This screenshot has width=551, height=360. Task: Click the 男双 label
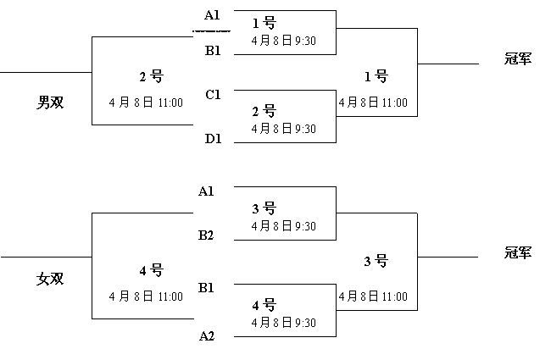[x=50, y=102]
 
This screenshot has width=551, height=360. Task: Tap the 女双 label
[x=50, y=279]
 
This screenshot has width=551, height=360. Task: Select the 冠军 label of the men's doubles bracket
[x=518, y=58]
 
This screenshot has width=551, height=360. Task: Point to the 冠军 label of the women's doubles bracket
[x=518, y=252]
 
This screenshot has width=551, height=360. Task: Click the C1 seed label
[x=213, y=95]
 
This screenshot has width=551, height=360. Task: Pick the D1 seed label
[x=214, y=139]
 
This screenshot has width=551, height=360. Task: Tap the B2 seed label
[x=206, y=235]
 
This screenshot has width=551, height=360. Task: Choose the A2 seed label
[x=207, y=336]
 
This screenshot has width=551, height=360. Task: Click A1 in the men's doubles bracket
[x=212, y=15]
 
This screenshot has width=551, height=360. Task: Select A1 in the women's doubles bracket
[x=206, y=191]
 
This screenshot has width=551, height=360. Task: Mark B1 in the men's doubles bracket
[x=213, y=51]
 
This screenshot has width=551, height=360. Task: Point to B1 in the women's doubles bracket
[x=206, y=288]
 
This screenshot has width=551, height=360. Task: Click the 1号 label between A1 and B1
[x=264, y=23]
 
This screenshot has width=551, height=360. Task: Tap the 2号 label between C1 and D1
[x=264, y=111]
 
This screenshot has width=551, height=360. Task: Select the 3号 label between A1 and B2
[x=264, y=208]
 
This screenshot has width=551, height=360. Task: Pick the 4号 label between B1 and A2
[x=264, y=305]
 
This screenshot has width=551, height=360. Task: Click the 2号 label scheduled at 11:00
[x=152, y=76]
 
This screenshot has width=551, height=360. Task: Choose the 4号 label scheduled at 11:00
[x=152, y=270]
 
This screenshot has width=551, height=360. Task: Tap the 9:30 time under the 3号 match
[x=305, y=226]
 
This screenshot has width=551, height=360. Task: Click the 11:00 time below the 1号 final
[x=395, y=102]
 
